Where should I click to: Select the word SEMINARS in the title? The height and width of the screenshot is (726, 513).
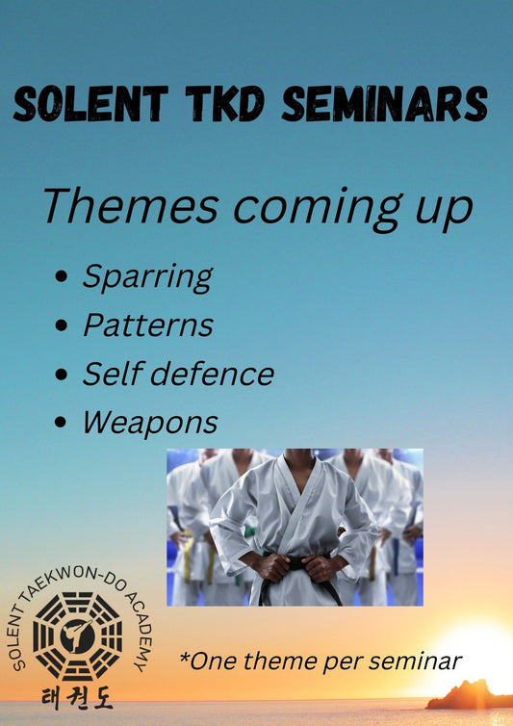[x=384, y=104]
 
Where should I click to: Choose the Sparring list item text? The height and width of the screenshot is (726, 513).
[x=146, y=278]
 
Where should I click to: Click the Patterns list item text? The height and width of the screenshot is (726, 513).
[x=147, y=325]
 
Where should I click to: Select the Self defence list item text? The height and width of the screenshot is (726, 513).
[x=178, y=374]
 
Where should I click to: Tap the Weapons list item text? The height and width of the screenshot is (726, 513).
[x=149, y=422]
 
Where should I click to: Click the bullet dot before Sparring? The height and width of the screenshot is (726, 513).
[x=62, y=278]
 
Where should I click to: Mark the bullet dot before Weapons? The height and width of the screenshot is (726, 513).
[x=62, y=422]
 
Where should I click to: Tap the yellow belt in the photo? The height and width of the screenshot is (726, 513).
[x=188, y=557]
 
